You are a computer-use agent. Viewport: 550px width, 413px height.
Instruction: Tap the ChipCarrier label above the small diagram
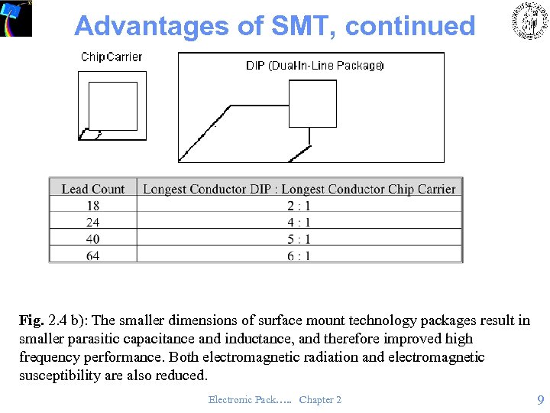(x=112, y=57)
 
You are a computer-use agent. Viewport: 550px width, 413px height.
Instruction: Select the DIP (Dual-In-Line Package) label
(x=315, y=66)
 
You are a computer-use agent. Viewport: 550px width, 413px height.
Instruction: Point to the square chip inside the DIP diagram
(x=312, y=104)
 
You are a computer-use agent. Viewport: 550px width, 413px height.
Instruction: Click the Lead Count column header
(x=93, y=188)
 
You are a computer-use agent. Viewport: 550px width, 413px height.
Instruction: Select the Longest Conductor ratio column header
(x=299, y=188)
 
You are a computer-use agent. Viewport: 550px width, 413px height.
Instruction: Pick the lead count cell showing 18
(x=93, y=206)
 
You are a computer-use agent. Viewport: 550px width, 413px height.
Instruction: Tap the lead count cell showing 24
(x=93, y=223)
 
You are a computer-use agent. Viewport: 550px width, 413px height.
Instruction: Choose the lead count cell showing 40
(x=93, y=239)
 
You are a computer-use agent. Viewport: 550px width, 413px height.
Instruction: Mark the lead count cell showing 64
(x=93, y=255)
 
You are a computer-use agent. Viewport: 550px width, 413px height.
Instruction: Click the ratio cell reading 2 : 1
(x=299, y=206)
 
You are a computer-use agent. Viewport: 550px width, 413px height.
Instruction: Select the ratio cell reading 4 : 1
(x=299, y=223)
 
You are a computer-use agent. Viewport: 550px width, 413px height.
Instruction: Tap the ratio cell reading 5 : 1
(x=299, y=239)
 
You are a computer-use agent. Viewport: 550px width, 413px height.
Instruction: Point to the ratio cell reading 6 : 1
(x=299, y=255)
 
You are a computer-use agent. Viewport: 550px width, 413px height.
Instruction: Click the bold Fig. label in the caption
(x=32, y=320)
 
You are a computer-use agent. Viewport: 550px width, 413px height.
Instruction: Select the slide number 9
(x=540, y=399)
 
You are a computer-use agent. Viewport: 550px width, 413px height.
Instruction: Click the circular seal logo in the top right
(x=529, y=21)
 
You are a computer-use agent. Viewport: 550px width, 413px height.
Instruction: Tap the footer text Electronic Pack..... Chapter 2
(x=275, y=400)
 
